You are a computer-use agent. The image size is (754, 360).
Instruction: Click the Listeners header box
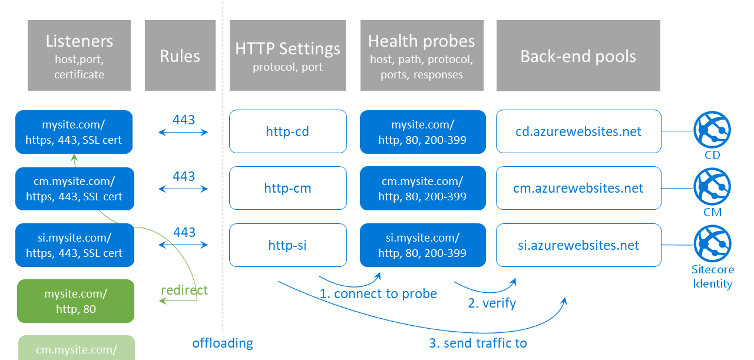(x=79, y=55)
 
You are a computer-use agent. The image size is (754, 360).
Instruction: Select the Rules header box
(x=180, y=55)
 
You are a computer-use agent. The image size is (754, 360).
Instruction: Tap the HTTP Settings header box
(x=287, y=55)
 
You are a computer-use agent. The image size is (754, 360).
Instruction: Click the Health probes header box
(x=421, y=55)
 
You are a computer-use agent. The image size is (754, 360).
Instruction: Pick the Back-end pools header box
(x=578, y=55)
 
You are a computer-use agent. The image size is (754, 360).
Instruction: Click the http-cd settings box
(x=287, y=131)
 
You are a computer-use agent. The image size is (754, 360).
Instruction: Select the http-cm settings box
(x=287, y=188)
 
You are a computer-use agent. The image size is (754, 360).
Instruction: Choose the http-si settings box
(x=287, y=245)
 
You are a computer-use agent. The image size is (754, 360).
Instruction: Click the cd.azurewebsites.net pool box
(x=578, y=131)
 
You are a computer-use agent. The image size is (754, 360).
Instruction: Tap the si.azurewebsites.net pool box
(x=578, y=245)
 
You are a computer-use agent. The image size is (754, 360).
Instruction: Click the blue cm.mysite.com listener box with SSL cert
(x=74, y=189)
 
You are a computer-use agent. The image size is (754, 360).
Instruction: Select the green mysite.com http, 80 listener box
(x=75, y=301)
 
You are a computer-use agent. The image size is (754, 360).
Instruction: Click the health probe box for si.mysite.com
(x=422, y=245)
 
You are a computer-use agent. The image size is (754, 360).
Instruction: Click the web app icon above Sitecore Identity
(x=712, y=243)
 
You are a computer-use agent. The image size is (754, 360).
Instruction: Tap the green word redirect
(x=184, y=290)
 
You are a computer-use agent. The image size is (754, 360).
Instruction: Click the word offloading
(x=222, y=343)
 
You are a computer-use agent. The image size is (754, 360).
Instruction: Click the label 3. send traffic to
(x=478, y=343)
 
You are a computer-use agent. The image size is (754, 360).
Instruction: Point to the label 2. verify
(x=492, y=303)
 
